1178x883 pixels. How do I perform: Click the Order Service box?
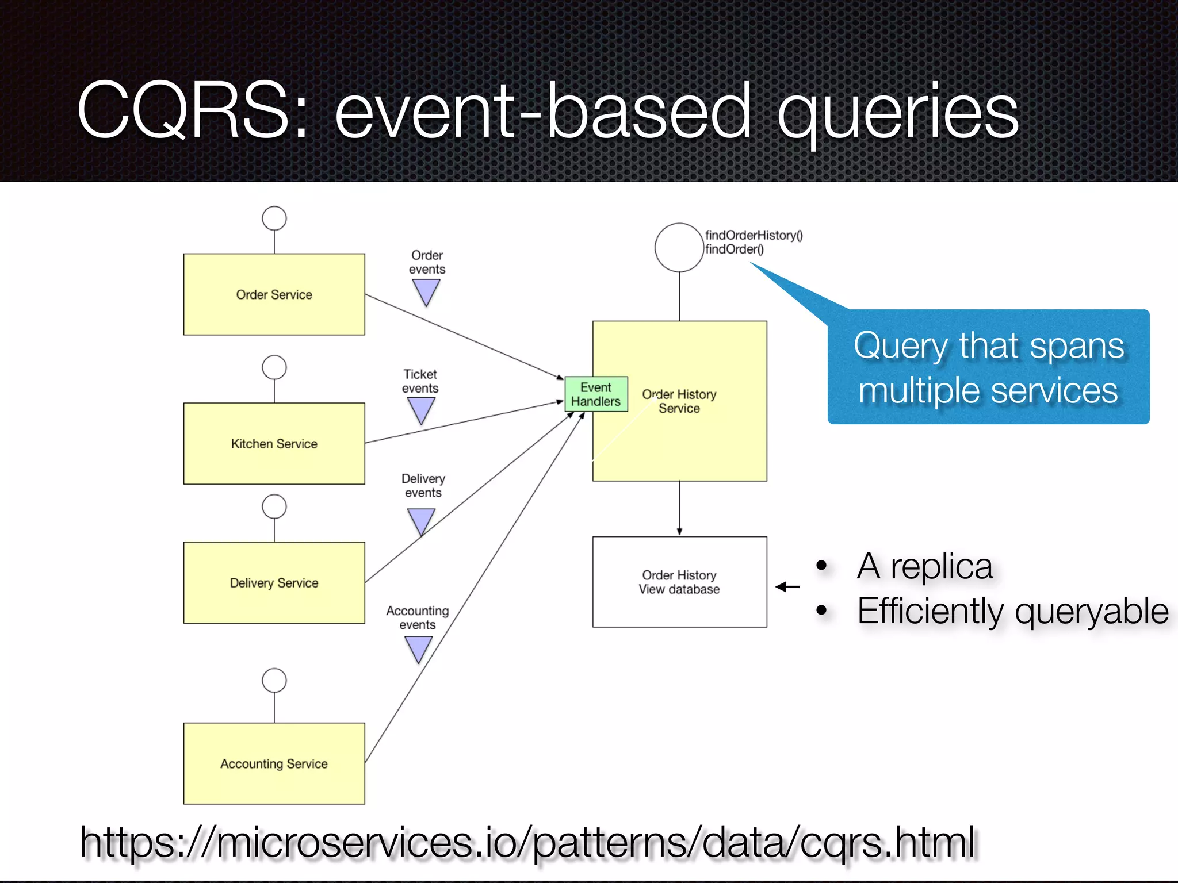point(274,294)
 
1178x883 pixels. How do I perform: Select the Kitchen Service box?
point(274,443)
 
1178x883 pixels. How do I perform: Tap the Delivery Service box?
point(274,582)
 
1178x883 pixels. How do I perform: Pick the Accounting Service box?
point(274,763)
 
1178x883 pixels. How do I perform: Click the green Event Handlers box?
point(596,394)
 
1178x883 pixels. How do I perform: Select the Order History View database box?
point(679,582)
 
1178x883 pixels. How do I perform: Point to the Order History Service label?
point(679,401)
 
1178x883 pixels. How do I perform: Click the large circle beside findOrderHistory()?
point(679,247)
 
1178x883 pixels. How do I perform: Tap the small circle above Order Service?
point(274,218)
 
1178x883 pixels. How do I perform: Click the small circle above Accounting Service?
point(274,681)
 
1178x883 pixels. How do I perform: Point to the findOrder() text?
point(735,249)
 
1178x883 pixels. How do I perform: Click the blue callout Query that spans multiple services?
point(988,368)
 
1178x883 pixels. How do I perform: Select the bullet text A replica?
point(924,566)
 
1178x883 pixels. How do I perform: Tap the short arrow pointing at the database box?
point(788,587)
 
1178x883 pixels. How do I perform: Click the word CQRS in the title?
point(184,110)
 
